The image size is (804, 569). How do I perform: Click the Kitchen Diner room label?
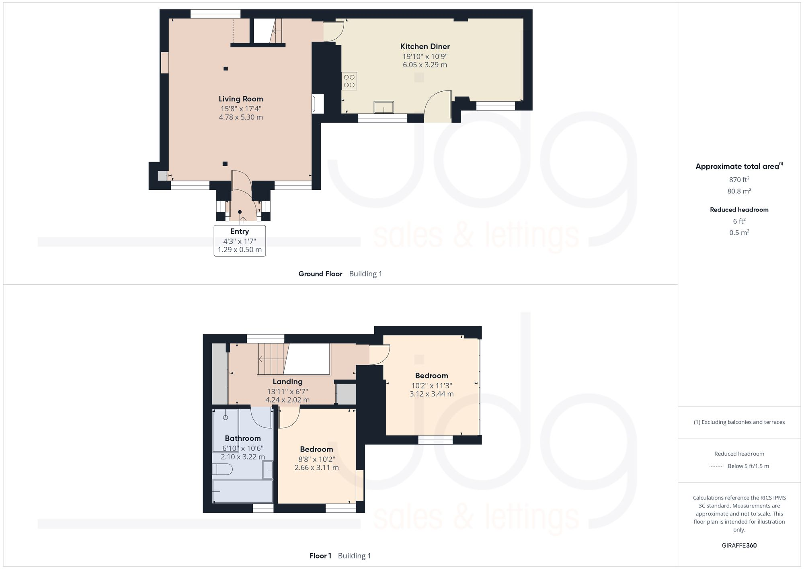pyautogui.click(x=425, y=47)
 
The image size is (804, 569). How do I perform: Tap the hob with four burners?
pyautogui.click(x=349, y=81)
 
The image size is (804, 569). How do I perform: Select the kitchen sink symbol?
pyautogui.click(x=384, y=107)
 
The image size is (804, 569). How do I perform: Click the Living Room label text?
pyautogui.click(x=241, y=99)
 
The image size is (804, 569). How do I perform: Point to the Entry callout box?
pyautogui.click(x=240, y=240)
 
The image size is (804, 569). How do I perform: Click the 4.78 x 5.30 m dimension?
pyautogui.click(x=241, y=117)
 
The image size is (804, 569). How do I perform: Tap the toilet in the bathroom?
pyautogui.click(x=222, y=469)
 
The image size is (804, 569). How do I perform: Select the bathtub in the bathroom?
pyautogui.click(x=242, y=491)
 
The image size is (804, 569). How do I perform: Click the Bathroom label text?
pyautogui.click(x=242, y=438)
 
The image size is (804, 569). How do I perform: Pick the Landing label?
pyautogui.click(x=287, y=382)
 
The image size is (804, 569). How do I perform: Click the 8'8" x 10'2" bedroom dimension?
pyautogui.click(x=316, y=459)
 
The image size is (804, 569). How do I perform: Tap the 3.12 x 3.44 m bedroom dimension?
pyautogui.click(x=431, y=394)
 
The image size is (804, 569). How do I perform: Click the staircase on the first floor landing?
pyautogui.click(x=274, y=359)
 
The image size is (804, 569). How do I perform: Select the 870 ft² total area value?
pyautogui.click(x=739, y=180)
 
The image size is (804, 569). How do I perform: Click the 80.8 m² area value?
pyautogui.click(x=739, y=191)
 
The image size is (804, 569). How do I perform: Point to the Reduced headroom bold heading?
pyautogui.click(x=739, y=210)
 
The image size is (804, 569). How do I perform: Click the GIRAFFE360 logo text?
pyautogui.click(x=739, y=545)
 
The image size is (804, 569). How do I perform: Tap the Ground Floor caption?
pyautogui.click(x=320, y=274)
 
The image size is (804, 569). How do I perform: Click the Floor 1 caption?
pyautogui.click(x=320, y=556)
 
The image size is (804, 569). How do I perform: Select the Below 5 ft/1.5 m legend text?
pyautogui.click(x=748, y=466)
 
